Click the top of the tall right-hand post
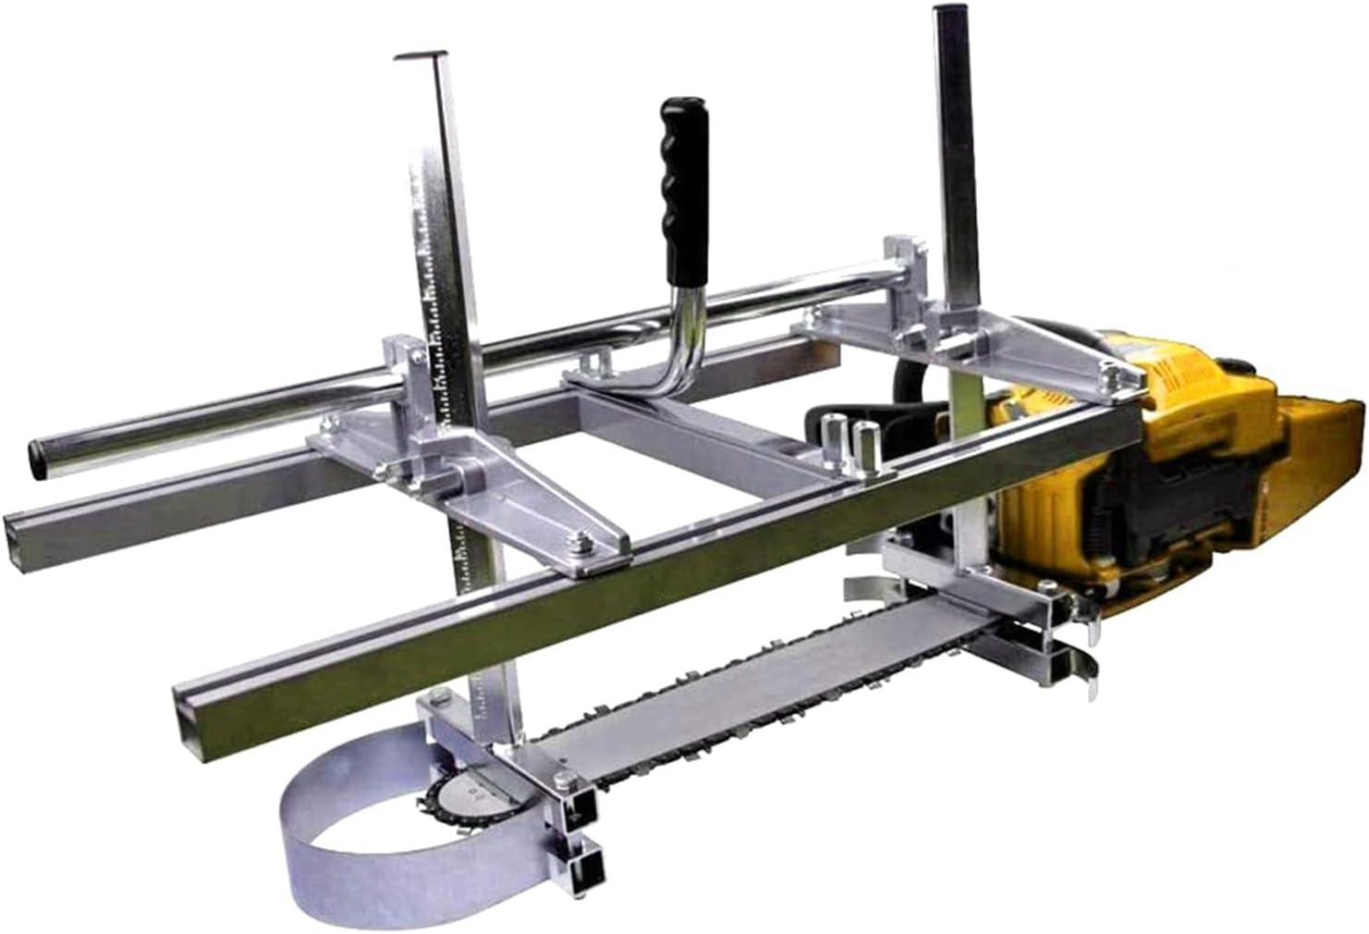(x=948, y=13)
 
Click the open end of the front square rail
(x=192, y=721)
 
